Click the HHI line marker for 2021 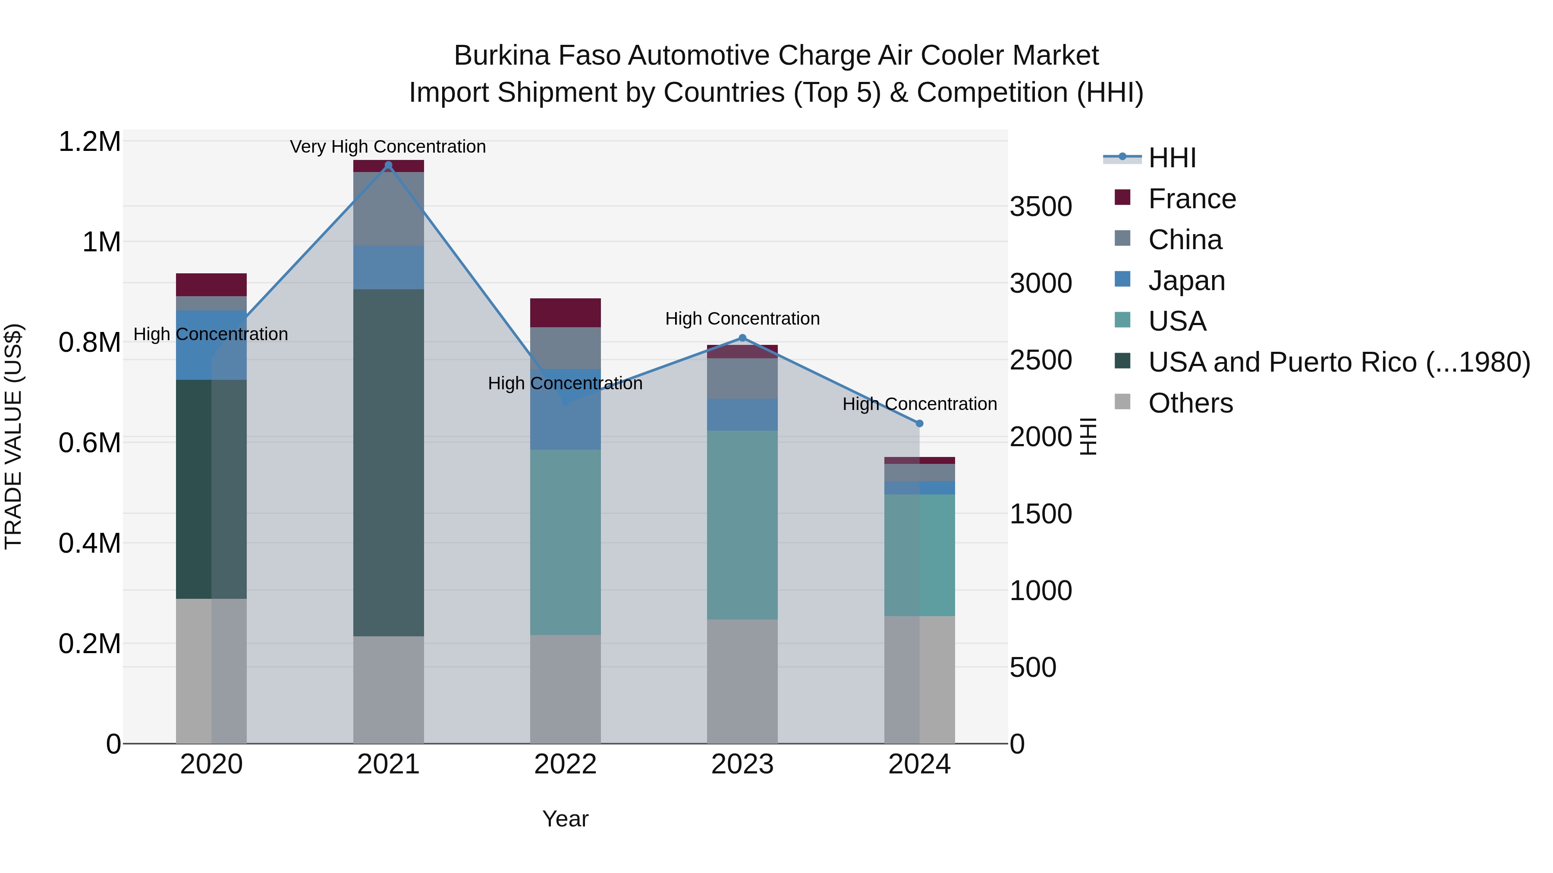388,165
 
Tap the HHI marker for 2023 742,338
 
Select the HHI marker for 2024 919,423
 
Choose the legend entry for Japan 1186,281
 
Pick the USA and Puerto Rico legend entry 1338,362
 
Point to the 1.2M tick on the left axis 89,142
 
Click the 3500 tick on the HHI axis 1041,207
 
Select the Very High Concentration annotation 388,147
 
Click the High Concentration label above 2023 742,318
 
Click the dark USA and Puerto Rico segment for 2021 388,462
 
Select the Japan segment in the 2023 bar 742,414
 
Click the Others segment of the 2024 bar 919,679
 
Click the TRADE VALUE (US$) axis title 13,436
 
